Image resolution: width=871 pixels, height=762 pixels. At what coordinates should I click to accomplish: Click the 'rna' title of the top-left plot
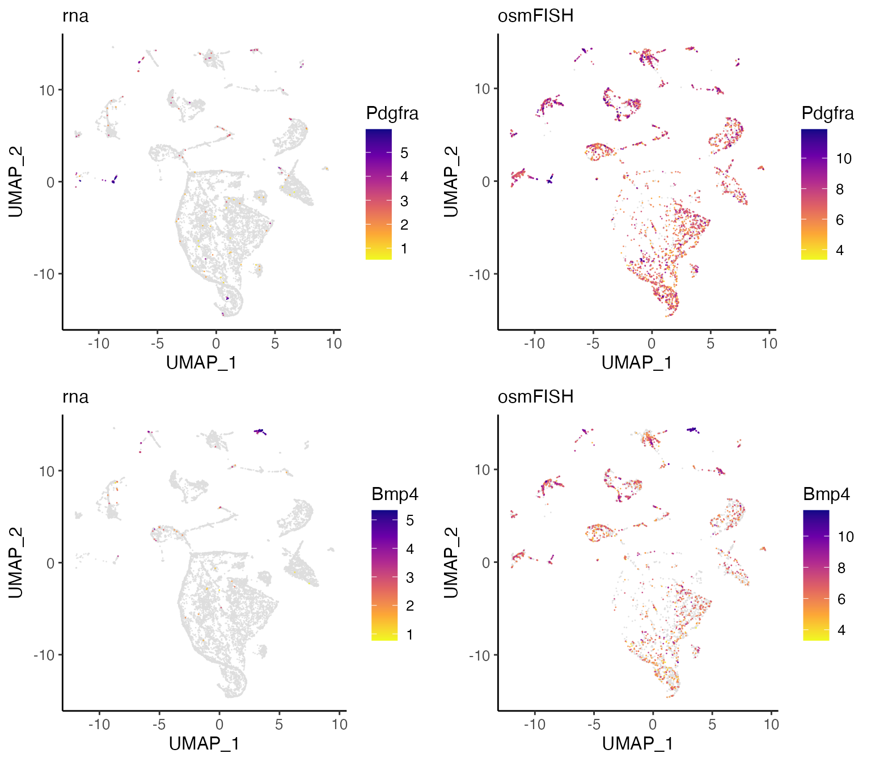[x=75, y=16]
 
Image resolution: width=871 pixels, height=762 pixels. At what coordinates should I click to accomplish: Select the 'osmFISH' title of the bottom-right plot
[x=535, y=396]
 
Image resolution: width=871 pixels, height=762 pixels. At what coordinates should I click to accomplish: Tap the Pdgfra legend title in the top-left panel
[x=392, y=113]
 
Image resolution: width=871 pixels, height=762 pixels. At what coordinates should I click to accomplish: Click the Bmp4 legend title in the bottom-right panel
[x=826, y=494]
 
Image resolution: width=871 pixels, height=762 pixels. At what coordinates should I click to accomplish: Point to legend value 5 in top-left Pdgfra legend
[x=404, y=153]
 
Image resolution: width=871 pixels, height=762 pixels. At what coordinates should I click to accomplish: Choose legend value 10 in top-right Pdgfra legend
[x=844, y=159]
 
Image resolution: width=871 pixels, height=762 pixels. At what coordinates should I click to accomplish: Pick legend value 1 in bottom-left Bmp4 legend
[x=409, y=634]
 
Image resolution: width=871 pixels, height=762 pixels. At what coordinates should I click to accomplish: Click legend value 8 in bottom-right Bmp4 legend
[x=842, y=568]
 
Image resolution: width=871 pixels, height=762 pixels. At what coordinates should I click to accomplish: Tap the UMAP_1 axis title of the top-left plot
[x=201, y=362]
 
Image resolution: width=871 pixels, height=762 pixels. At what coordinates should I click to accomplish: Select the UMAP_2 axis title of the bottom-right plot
[x=451, y=562]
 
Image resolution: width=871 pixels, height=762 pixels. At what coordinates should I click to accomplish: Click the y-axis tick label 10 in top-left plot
[x=47, y=90]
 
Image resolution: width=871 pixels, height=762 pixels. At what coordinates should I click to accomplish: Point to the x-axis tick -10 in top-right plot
[x=534, y=343]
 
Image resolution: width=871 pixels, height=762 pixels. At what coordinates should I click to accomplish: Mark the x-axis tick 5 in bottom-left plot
[x=279, y=724]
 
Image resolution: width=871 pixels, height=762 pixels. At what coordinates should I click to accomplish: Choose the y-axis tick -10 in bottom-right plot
[x=479, y=655]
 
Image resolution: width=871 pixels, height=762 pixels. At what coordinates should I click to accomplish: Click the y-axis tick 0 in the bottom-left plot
[x=51, y=563]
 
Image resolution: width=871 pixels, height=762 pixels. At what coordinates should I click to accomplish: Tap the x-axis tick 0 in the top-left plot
[x=216, y=343]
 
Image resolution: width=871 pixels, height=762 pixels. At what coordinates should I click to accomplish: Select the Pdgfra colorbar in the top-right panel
[x=814, y=194]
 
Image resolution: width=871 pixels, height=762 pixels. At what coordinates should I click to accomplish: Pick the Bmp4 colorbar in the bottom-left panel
[x=384, y=575]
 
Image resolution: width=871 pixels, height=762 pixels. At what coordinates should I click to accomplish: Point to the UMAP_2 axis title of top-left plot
[x=15, y=181]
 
